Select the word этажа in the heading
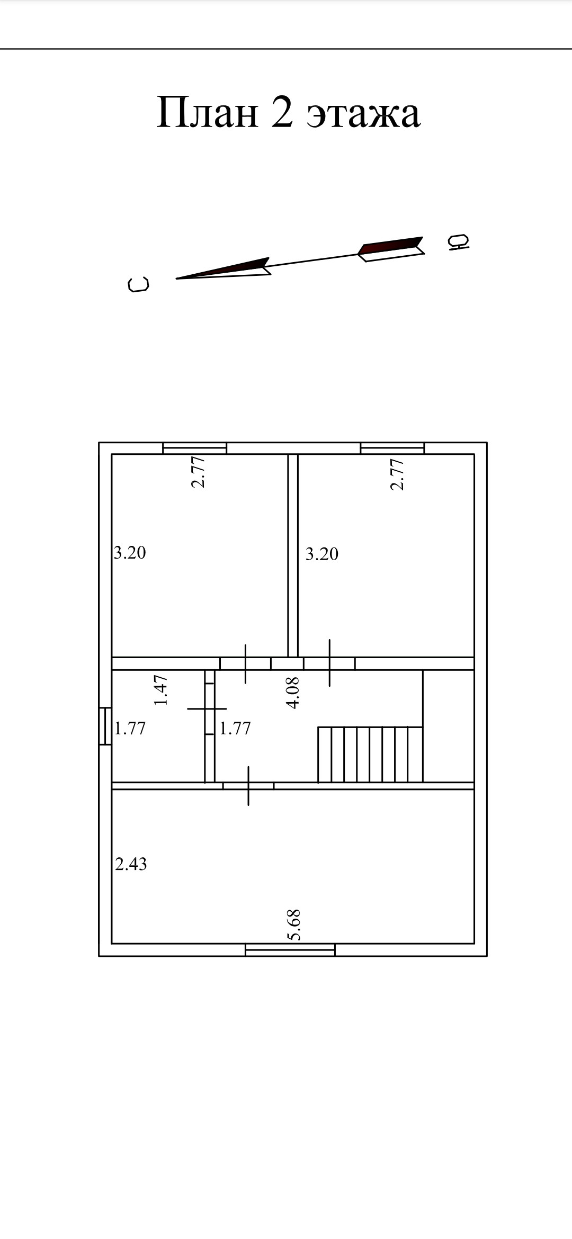pyautogui.click(x=364, y=116)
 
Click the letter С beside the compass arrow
pyautogui.click(x=139, y=284)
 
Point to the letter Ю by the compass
pyautogui.click(x=458, y=242)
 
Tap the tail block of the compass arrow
pyautogui.click(x=391, y=249)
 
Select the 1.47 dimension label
pyautogui.click(x=161, y=689)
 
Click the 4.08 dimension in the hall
pyautogui.click(x=292, y=693)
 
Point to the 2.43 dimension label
pyautogui.click(x=131, y=864)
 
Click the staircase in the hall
pyautogui.click(x=370, y=755)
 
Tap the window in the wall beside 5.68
pyautogui.click(x=290, y=950)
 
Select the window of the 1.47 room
pyautogui.click(x=105, y=726)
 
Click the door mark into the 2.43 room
pyautogui.click(x=248, y=786)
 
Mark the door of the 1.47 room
pyautogui.click(x=210, y=708)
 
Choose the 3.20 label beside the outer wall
pyautogui.click(x=130, y=553)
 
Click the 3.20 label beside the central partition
pyautogui.click(x=321, y=554)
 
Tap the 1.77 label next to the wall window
pyautogui.click(x=130, y=729)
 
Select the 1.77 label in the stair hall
pyautogui.click(x=235, y=729)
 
